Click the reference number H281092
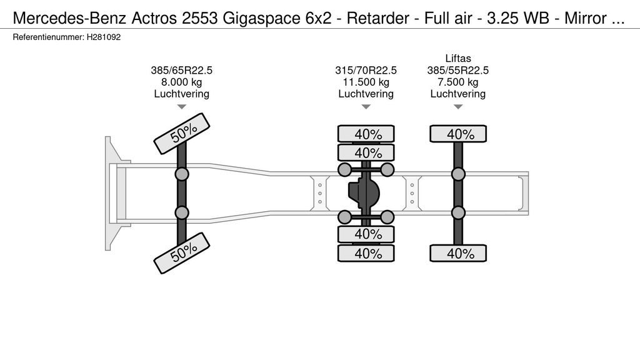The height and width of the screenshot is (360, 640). click(x=103, y=37)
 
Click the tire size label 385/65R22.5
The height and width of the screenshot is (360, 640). click(x=181, y=71)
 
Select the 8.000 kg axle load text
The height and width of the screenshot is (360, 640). click(x=181, y=82)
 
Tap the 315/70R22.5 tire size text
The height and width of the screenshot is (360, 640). click(x=366, y=71)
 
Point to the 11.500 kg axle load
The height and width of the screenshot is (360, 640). click(x=366, y=82)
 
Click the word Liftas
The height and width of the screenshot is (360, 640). click(x=457, y=59)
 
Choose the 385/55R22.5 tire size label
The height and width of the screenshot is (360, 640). click(x=457, y=71)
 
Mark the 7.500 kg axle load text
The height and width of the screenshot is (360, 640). click(x=457, y=82)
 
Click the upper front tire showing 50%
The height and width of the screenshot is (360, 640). click(x=181, y=133)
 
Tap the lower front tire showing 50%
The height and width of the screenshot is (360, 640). click(x=181, y=252)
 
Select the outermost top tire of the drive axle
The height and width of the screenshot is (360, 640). click(x=366, y=134)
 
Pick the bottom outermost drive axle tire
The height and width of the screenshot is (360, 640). click(x=366, y=253)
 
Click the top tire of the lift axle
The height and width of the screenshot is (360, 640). click(x=457, y=134)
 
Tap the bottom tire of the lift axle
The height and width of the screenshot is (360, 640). click(x=457, y=253)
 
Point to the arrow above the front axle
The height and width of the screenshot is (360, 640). click(x=181, y=107)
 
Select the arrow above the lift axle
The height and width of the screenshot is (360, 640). click(x=457, y=107)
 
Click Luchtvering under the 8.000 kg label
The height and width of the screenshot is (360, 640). click(x=181, y=94)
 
